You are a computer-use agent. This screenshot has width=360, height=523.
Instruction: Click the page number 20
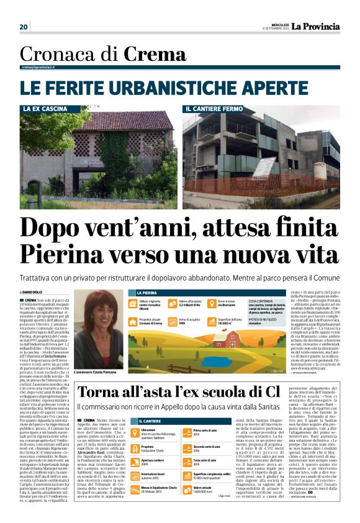coord(24,27)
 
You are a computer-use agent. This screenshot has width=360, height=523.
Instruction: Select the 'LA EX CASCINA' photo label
coord(45,109)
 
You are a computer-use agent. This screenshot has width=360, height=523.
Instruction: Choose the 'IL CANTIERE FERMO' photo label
coord(214,109)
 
